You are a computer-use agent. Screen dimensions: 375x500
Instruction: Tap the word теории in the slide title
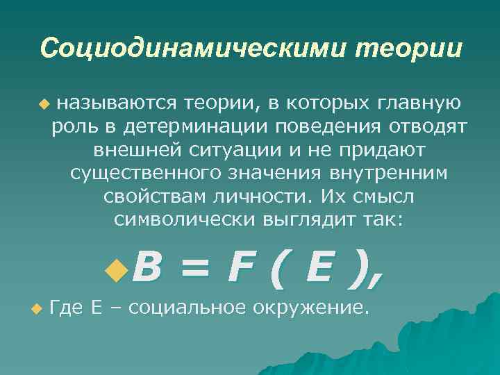pos(408,48)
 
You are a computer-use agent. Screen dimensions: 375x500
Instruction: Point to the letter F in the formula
pos(240,267)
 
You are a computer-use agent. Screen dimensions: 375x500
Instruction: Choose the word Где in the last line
pos(67,307)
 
